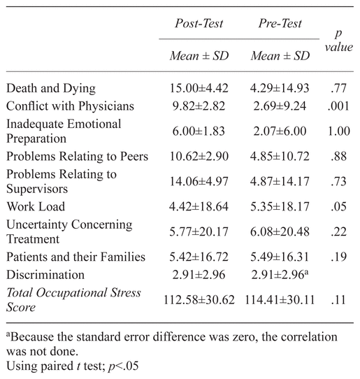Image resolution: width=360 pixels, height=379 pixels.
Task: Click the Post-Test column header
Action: [x=199, y=24]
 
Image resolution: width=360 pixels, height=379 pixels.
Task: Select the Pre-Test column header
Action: [x=280, y=24]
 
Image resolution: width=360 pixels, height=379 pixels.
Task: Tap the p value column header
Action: [x=339, y=41]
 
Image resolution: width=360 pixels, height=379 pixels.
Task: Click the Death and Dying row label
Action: [x=51, y=89]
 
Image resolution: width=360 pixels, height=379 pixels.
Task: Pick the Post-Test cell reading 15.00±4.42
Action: [x=199, y=88]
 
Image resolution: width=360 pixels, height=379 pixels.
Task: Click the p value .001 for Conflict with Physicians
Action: [x=338, y=106]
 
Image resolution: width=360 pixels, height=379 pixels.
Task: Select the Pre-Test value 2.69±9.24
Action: [x=280, y=106]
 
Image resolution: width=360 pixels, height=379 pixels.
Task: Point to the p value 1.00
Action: [x=339, y=131]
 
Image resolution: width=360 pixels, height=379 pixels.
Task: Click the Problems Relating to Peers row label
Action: [x=78, y=157]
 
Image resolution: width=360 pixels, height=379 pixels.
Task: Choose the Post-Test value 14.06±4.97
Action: [x=199, y=182]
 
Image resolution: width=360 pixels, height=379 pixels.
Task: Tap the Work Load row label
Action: [x=36, y=207]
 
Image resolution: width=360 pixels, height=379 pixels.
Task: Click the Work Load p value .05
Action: [x=338, y=207]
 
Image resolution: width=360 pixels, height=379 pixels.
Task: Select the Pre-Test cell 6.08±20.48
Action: [x=280, y=231]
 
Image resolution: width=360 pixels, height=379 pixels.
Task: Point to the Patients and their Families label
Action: [x=76, y=257]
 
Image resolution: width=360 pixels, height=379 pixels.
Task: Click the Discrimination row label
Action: [x=45, y=275]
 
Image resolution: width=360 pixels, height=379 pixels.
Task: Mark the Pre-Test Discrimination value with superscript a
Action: [x=280, y=275]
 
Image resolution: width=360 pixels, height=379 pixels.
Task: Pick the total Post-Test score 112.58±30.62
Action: [x=199, y=300]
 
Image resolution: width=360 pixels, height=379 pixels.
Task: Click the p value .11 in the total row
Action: [x=338, y=300]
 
